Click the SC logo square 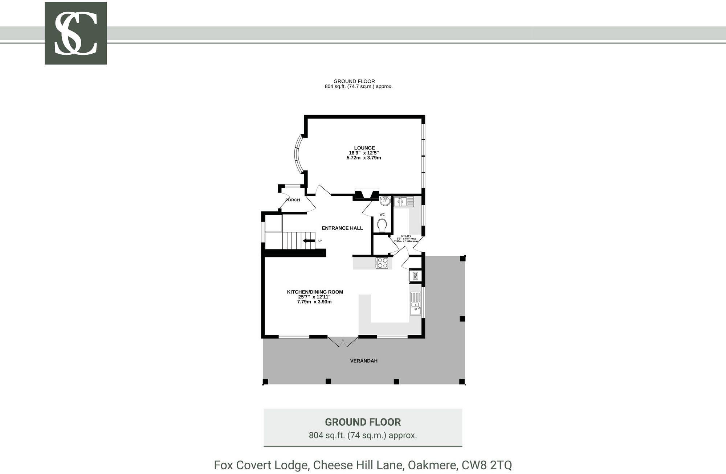tap(76, 33)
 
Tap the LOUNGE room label tap(364, 148)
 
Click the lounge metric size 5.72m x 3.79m tap(364, 158)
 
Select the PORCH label tap(293, 200)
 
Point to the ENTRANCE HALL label tap(342, 228)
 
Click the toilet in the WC tap(382, 226)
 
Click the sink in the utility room tap(404, 201)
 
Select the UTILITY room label tap(406, 236)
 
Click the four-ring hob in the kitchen tap(382, 263)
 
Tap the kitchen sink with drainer tap(416, 304)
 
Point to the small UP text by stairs tap(320, 241)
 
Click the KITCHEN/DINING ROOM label tap(315, 292)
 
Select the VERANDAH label tap(364, 361)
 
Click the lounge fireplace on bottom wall tap(366, 195)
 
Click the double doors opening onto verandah tap(343, 342)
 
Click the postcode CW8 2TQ tap(486, 465)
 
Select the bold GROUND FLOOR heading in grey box tap(363, 422)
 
